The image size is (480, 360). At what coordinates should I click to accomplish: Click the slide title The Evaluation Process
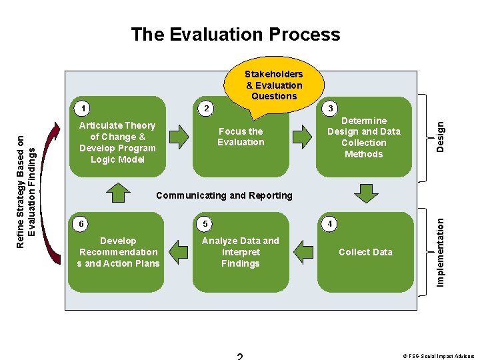click(235, 35)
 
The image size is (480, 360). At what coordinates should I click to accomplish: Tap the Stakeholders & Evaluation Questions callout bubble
click(273, 85)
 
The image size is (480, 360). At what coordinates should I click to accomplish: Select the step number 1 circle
click(81, 108)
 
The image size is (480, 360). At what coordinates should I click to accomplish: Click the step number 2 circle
click(207, 108)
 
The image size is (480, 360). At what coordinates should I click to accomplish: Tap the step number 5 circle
click(207, 223)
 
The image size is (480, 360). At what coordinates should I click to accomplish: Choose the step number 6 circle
click(81, 223)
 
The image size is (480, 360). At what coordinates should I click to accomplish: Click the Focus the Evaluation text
click(241, 137)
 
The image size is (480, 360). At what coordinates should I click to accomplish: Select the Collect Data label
click(365, 252)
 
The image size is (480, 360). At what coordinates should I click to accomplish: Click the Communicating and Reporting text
click(223, 195)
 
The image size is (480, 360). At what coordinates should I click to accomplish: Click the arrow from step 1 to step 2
click(179, 137)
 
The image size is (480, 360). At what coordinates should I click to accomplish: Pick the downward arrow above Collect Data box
click(365, 193)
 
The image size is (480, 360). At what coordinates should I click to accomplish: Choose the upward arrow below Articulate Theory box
click(118, 191)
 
